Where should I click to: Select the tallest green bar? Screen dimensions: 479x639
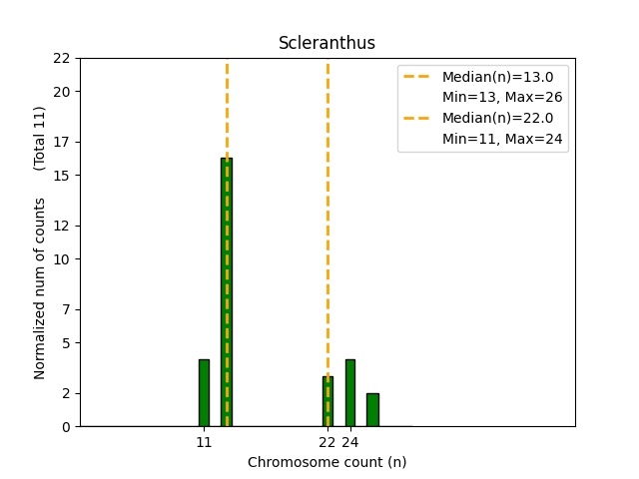(227, 291)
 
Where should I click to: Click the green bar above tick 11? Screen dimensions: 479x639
(204, 392)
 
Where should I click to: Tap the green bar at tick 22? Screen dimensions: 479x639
(327, 401)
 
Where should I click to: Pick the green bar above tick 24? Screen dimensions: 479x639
(350, 392)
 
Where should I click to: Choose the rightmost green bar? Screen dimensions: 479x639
(372, 409)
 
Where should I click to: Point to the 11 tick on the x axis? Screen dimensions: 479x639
(204, 442)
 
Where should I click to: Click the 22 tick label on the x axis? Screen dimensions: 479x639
(327, 442)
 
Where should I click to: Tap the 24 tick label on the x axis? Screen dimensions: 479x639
(350, 442)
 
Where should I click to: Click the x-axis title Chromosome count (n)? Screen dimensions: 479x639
(326, 462)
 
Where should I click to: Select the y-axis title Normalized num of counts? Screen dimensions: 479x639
(40, 287)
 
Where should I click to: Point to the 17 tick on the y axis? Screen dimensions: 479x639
(62, 142)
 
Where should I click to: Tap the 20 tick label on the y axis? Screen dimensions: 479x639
(62, 92)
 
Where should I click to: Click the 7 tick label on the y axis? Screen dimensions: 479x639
(65, 309)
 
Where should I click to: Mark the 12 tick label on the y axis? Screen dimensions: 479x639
(62, 226)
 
